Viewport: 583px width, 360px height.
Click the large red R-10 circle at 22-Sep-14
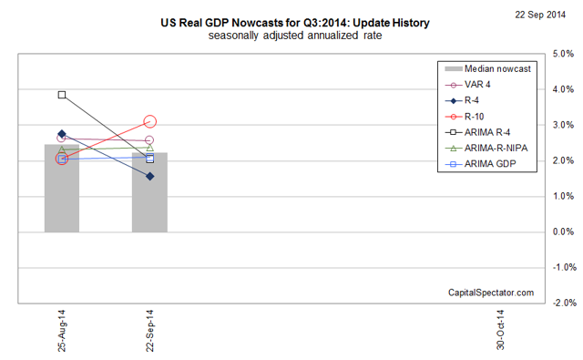149,121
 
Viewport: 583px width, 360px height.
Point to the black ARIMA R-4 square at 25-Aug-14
62,95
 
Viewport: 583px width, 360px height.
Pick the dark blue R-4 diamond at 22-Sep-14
149,176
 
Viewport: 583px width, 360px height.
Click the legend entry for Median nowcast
491,69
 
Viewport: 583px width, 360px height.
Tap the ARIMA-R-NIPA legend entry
496,148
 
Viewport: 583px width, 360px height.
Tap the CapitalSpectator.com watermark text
491,292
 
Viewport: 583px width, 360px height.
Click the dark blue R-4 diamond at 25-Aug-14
62,134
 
